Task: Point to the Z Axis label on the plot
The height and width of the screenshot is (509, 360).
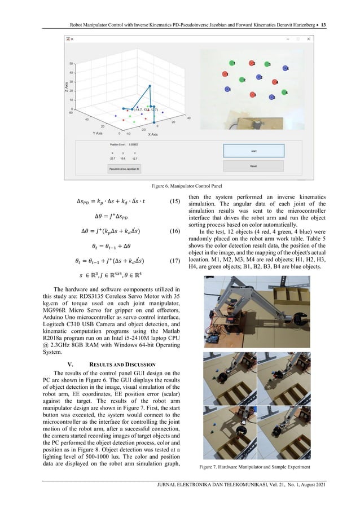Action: [66, 86]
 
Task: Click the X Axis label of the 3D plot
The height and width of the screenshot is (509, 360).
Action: [153, 135]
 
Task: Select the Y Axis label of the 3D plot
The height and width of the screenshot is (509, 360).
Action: [96, 134]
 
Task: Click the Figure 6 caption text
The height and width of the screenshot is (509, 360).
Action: [179, 185]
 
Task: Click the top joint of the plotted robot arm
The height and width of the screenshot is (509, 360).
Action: [150, 86]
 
